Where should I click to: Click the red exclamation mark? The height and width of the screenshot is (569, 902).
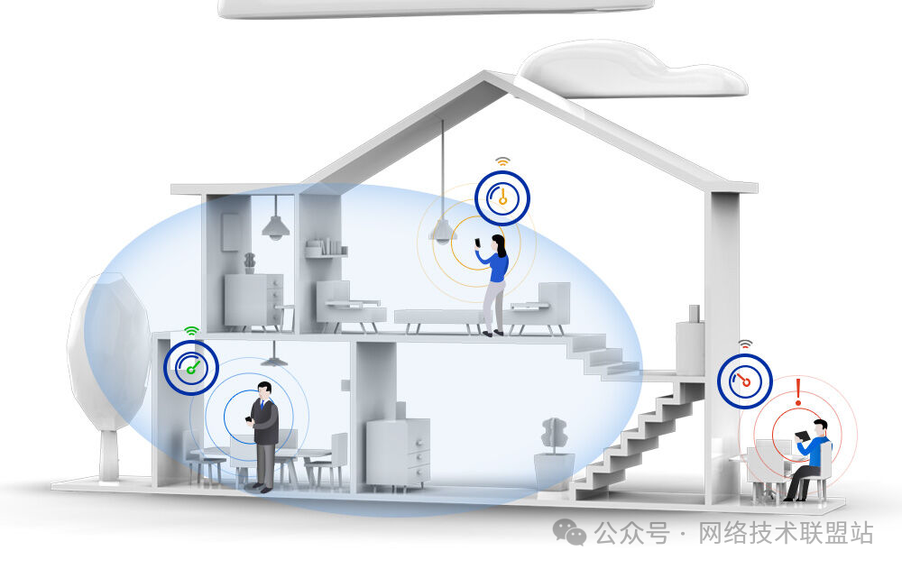pos(798,392)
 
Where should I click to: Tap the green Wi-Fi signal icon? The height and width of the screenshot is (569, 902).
pos(191,331)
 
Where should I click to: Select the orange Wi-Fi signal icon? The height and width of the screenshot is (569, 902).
pos(502,161)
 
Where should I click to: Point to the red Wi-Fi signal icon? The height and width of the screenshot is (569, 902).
pos(745,344)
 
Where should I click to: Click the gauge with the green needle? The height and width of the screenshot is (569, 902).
pos(191,367)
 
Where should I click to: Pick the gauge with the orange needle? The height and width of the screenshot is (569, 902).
pos(502,197)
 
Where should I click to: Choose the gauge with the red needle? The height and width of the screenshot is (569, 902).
pos(745,381)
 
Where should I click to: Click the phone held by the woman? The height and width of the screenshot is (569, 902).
pos(477,243)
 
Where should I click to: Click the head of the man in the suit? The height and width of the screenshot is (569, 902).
pos(264,390)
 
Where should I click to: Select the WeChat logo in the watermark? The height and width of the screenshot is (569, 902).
pos(569,532)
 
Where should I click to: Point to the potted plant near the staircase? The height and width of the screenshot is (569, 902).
pos(555,454)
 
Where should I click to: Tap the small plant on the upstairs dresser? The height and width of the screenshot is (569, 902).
pos(249,263)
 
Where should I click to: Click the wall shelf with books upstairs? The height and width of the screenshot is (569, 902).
pos(327,249)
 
